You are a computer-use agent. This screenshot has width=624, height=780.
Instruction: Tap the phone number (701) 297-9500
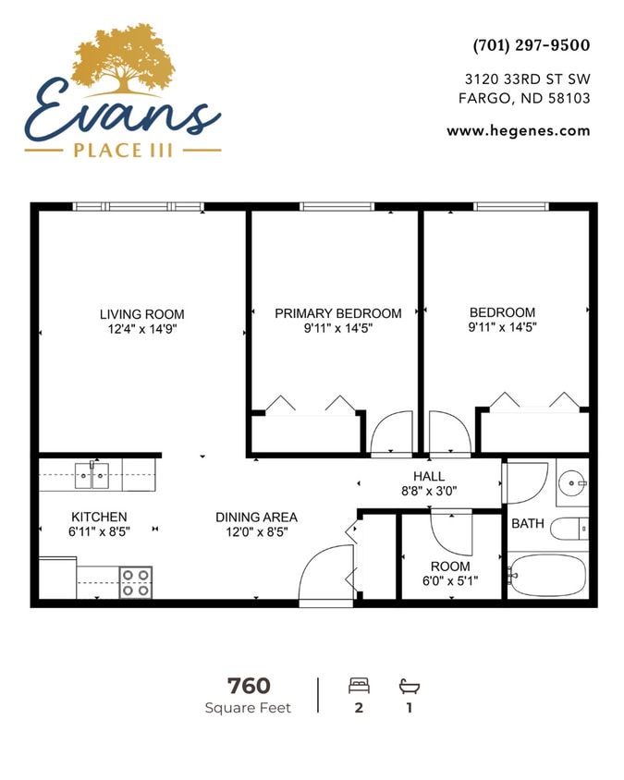531,45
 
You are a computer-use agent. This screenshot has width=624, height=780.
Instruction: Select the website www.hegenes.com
518,130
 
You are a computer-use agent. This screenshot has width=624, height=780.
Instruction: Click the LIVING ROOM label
141,314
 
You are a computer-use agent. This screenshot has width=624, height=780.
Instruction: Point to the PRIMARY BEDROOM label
337,313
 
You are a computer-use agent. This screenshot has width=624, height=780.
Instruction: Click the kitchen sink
92,476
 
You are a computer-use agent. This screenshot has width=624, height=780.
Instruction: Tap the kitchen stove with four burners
136,582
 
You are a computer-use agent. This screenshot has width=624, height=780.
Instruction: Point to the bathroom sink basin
573,481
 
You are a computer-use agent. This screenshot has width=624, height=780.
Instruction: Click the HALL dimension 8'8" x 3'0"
428,492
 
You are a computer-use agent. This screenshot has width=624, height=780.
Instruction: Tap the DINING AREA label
256,517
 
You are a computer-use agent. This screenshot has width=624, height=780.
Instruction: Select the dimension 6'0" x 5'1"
450,582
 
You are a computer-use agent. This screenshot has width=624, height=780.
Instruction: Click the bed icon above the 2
359,686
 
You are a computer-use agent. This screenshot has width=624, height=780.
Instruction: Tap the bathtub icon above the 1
409,686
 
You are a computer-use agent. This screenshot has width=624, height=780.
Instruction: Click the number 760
249,686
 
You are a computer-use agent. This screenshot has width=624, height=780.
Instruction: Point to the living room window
138,207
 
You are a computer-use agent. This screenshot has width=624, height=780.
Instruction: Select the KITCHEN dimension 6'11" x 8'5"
99,531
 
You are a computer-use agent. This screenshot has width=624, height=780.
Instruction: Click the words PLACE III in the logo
123,150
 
